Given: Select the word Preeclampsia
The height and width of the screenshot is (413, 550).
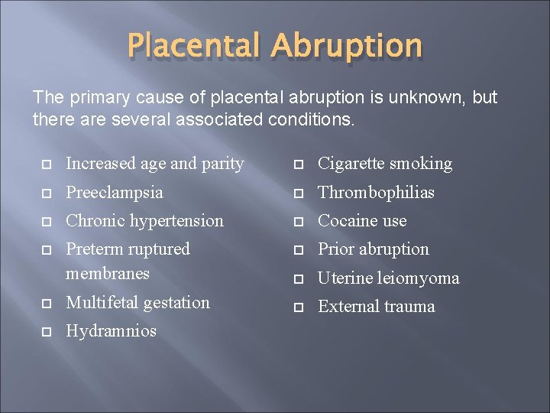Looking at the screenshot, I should click(x=115, y=192).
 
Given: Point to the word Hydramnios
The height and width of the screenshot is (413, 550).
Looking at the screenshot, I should click(x=111, y=331).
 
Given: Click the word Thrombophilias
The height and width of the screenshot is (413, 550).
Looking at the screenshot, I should click(x=376, y=192).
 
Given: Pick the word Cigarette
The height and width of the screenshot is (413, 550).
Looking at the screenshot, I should click(x=351, y=164).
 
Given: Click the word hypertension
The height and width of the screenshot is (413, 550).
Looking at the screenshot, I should click(x=177, y=221).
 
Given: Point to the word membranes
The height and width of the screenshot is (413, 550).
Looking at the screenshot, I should click(x=108, y=273).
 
